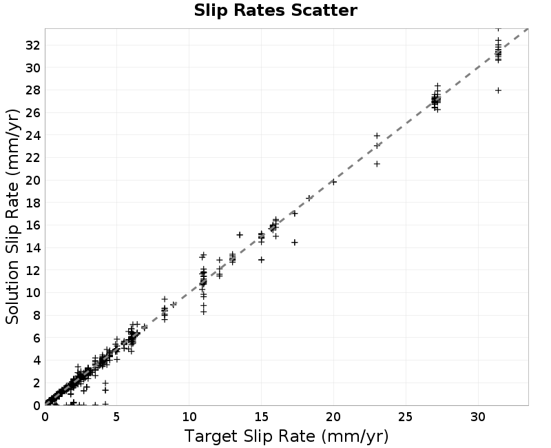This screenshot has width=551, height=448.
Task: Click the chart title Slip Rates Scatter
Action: coord(275,10)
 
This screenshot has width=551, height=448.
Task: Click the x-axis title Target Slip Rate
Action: coord(249,436)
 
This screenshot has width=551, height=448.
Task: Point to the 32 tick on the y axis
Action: coord(32,45)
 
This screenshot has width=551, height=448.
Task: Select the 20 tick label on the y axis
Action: coord(32,180)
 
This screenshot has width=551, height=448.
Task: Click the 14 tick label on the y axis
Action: coord(32,247)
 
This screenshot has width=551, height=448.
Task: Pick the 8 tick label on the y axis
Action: coord(37,315)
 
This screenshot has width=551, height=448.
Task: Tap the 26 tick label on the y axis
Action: coord(32,112)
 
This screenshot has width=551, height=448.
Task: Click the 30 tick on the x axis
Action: coord(478,417)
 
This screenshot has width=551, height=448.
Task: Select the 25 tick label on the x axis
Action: coord(406,417)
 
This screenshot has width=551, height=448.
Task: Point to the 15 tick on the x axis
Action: coord(261,417)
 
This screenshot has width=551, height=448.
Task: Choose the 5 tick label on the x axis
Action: coord(116,417)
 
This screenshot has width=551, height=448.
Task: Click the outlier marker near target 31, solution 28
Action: coord(498,90)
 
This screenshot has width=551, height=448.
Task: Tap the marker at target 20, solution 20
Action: coord(333,182)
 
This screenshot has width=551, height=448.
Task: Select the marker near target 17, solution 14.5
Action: coord(295,243)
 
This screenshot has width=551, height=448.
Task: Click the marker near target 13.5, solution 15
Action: coord(240,234)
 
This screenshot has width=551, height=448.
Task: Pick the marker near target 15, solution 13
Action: coord(261,260)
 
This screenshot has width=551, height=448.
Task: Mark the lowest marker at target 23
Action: coord(377,164)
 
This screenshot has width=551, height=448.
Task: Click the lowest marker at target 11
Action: coord(203,312)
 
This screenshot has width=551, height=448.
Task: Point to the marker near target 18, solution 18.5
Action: coord(309,198)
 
